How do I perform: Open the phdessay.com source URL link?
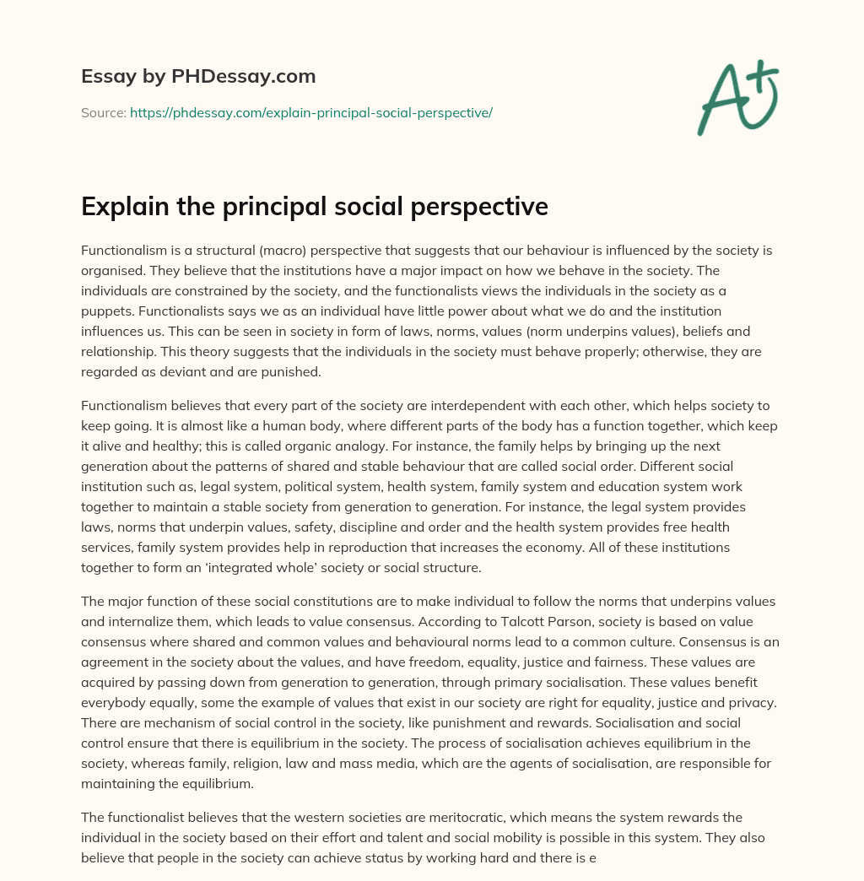[310, 112]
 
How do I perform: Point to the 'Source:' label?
[103, 112]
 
